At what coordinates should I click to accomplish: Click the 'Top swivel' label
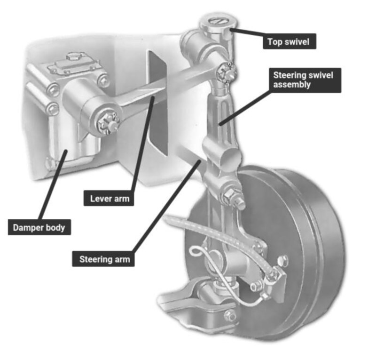point(290,41)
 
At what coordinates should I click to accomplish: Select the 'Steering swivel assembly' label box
point(305,80)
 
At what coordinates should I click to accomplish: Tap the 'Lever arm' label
point(109,198)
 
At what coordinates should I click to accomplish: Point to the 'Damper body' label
point(39,227)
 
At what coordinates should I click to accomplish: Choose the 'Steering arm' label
point(103,259)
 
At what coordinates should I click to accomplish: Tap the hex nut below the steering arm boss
point(229,195)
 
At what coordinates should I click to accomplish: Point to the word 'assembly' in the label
point(292,85)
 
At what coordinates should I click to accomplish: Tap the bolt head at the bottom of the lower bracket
point(230,315)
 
